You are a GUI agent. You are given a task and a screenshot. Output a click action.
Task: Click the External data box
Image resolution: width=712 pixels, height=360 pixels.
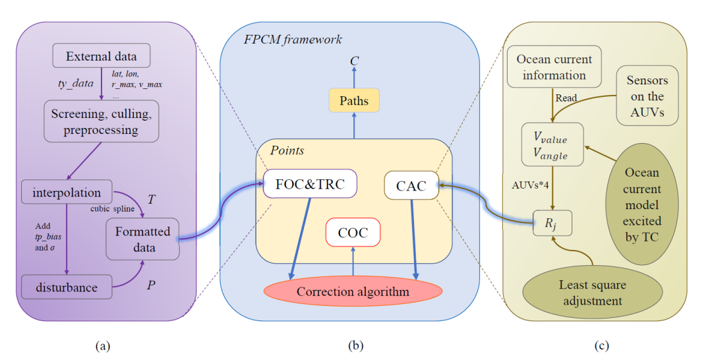(x=101, y=56)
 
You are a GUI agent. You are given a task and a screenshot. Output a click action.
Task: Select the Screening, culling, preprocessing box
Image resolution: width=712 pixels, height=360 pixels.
(x=101, y=121)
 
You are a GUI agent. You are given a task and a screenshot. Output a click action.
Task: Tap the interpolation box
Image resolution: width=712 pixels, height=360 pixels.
(x=66, y=193)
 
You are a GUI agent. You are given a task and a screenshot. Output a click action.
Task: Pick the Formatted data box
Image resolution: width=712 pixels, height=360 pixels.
(x=142, y=239)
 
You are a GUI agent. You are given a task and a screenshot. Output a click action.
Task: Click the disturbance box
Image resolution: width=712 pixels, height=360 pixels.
(x=66, y=287)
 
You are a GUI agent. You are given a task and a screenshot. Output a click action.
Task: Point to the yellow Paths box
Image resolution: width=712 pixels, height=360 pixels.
(x=354, y=101)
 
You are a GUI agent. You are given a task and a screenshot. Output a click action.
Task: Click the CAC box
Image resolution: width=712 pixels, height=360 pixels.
(x=405, y=186)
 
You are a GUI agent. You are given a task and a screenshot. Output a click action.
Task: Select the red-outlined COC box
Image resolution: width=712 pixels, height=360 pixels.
(x=353, y=233)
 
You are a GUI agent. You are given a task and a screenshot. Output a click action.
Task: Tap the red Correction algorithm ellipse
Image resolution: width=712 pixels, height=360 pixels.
(x=353, y=291)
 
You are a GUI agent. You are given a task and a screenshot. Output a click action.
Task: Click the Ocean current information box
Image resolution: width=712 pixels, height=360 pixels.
(x=554, y=67)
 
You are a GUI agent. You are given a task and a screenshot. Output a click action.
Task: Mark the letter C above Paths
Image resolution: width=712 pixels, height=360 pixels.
(x=355, y=61)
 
